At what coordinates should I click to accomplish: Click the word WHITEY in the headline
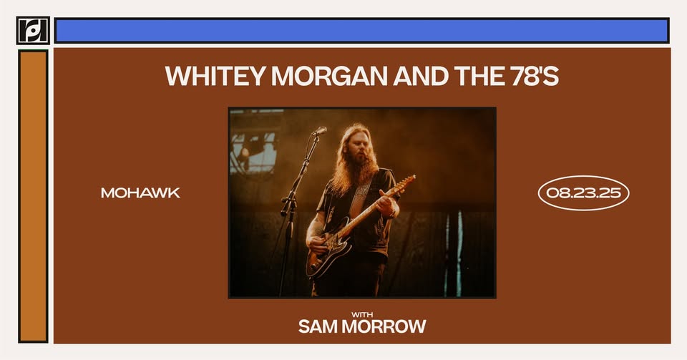215,76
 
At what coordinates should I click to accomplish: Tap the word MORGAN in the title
329,76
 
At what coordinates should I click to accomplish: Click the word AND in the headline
421,76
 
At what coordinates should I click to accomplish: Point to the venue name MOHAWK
141,193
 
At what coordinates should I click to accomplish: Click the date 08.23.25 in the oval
583,193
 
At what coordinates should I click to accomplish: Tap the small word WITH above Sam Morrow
362,314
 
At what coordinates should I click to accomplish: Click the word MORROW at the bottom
384,326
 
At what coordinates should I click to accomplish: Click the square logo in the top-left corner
33,30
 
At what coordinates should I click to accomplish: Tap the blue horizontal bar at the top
362,30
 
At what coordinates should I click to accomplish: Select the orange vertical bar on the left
33,196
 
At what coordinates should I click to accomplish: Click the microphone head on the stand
320,130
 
